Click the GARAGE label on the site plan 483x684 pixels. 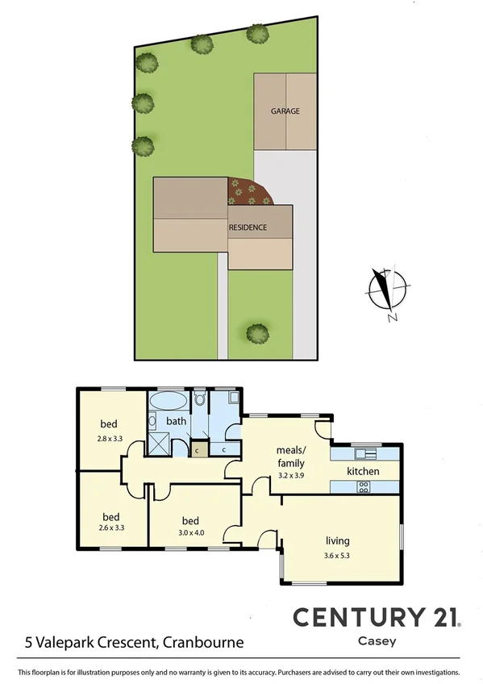[x=285, y=111]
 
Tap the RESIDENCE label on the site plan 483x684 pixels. [x=248, y=227]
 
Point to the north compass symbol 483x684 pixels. [x=387, y=292]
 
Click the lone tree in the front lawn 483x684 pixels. [x=257, y=332]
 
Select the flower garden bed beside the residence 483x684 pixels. [x=250, y=192]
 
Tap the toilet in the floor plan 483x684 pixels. [x=200, y=399]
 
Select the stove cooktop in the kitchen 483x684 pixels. [x=363, y=486]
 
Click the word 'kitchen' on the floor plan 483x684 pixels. [x=363, y=471]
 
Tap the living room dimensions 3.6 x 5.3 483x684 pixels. [x=337, y=554]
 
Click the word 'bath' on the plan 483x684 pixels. [x=176, y=421]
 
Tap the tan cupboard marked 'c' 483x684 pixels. [x=196, y=449]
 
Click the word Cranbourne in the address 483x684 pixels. [x=202, y=643]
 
